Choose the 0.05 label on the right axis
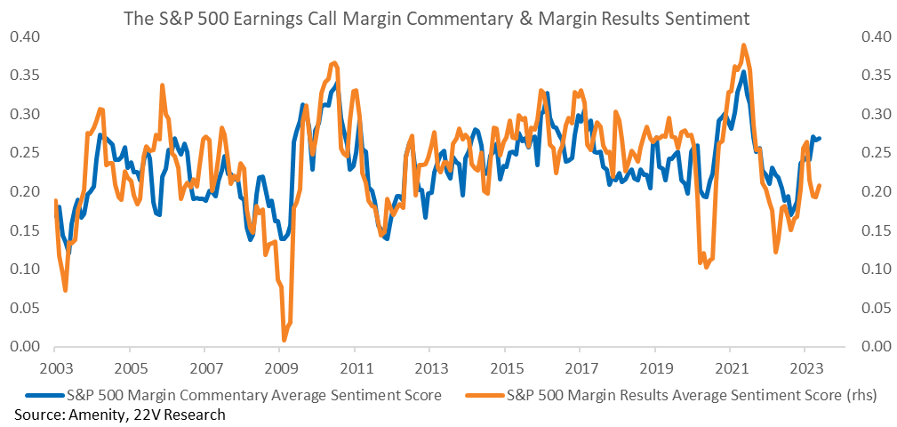click(874, 308)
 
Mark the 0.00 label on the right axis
click(874, 347)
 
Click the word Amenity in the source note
click(87, 415)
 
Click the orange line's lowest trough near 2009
click(284, 340)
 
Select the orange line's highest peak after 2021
click(743, 44)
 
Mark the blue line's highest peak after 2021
click(742, 71)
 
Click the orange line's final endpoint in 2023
click(820, 185)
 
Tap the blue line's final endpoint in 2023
click(820, 138)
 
